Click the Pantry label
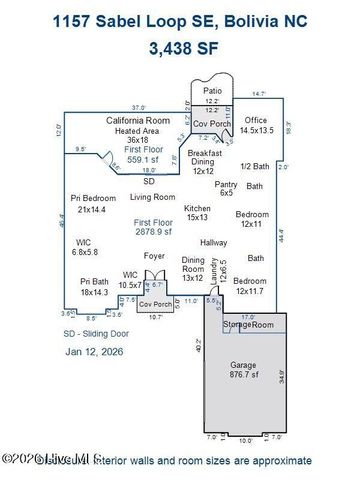tap(226, 189)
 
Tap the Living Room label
tap(153, 197)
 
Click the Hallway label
tap(214, 243)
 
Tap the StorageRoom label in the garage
tap(248, 325)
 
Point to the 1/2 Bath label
tap(255, 166)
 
